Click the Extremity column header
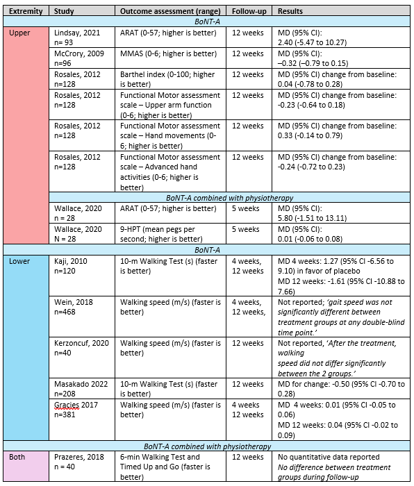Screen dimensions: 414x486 [x=26, y=12]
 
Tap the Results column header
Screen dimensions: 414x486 [x=290, y=12]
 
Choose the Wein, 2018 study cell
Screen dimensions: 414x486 [x=74, y=308]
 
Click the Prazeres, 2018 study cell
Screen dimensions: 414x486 [x=78, y=462]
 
